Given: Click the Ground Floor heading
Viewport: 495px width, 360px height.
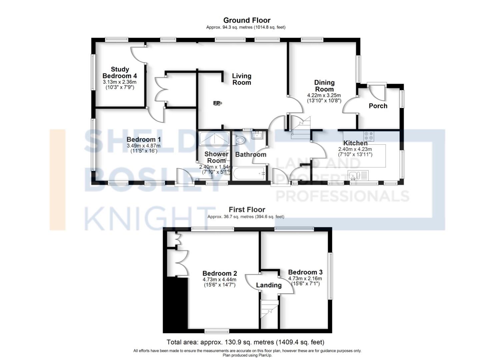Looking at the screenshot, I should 247,20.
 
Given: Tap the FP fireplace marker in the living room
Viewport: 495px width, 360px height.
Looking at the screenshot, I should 217,103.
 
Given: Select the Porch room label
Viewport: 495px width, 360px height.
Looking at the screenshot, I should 378,106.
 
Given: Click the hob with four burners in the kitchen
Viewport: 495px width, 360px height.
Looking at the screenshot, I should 369,136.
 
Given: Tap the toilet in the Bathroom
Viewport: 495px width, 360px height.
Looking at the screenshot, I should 239,140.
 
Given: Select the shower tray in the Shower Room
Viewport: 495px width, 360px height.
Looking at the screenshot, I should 214,137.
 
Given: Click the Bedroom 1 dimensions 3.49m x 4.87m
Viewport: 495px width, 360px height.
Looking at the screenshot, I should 144,146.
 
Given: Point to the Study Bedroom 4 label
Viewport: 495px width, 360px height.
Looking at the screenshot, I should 120,73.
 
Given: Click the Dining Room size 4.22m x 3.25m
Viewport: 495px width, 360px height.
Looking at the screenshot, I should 324,96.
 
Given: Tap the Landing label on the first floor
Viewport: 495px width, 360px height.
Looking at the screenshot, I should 269,285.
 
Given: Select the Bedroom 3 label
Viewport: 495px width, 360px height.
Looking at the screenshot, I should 305,272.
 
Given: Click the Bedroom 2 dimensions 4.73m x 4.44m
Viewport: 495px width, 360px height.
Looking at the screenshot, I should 219,280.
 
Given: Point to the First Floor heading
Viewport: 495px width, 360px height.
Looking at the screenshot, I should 247,210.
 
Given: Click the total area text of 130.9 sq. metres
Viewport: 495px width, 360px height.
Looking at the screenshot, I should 245,342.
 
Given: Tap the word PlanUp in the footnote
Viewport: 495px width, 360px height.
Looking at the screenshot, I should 265,355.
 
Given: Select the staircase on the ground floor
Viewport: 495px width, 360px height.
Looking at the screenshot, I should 300,127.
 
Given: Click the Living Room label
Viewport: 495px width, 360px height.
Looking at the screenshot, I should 242,79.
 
